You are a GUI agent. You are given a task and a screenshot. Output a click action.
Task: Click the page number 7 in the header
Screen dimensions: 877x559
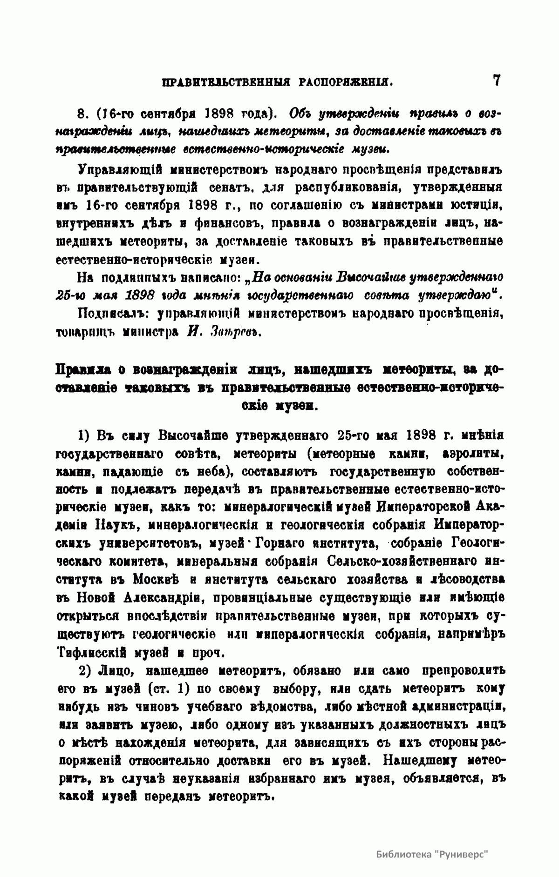(x=497, y=80)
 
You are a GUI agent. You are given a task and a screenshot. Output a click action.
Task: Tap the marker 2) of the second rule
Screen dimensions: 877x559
(x=85, y=671)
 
